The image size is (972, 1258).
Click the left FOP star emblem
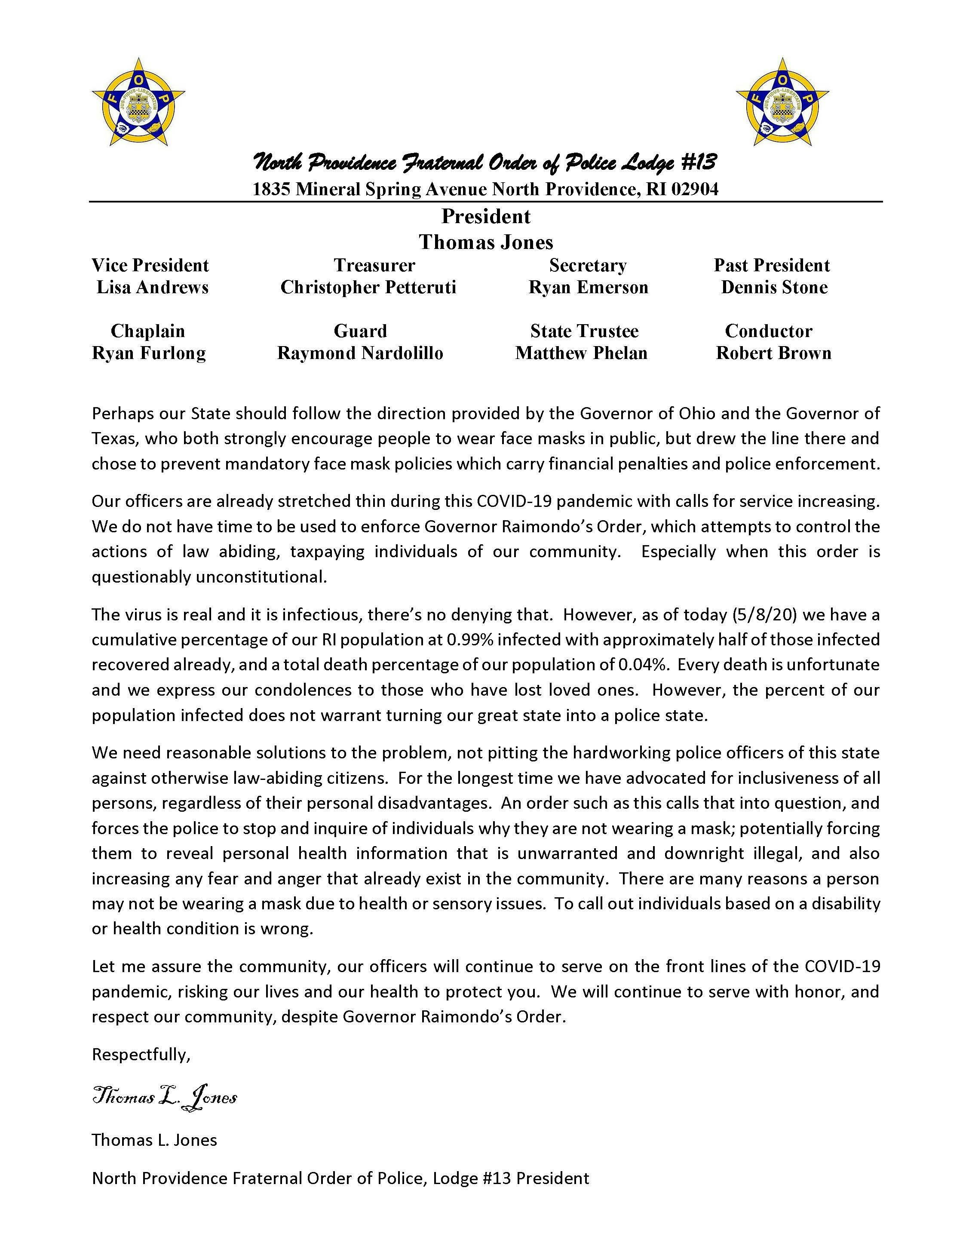pyautogui.click(x=138, y=102)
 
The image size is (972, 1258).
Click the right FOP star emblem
pyautogui.click(x=782, y=102)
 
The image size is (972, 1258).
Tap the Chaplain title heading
pyautogui.click(x=148, y=331)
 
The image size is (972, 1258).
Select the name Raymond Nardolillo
pyautogui.click(x=360, y=353)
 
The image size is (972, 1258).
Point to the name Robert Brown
pyautogui.click(x=773, y=353)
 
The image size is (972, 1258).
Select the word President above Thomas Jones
pyautogui.click(x=486, y=217)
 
